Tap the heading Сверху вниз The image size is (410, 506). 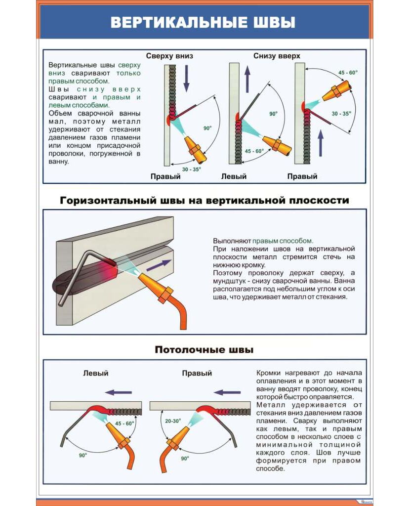point(169,56)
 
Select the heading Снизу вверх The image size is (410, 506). point(277,56)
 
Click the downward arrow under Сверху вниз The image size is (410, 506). point(186,80)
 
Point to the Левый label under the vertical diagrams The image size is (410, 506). point(234,176)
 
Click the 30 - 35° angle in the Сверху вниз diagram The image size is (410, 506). point(191,169)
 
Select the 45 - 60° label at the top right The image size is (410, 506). point(348,73)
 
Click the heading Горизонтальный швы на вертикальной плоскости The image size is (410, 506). point(205,200)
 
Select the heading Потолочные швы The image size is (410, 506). point(204,350)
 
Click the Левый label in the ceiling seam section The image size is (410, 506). point(95,374)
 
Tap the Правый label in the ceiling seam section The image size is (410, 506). point(197,374)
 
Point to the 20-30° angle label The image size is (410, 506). point(173,421)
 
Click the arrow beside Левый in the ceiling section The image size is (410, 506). point(119,392)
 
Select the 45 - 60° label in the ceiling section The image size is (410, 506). point(124,423)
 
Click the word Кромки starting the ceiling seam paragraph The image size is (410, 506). point(269,373)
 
